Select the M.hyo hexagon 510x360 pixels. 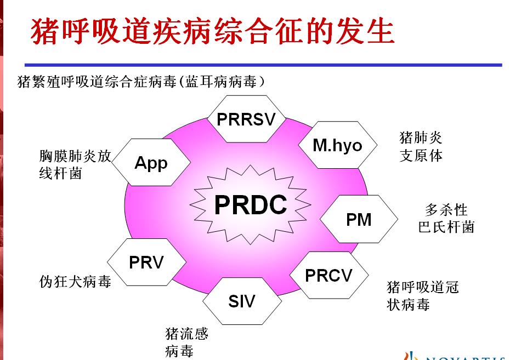[x=337, y=145]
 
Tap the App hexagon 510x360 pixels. [x=151, y=163]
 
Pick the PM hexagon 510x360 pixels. [x=359, y=219]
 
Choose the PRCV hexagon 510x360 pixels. [x=328, y=275]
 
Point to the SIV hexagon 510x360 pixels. [x=242, y=301]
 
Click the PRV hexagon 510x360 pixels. [x=146, y=262]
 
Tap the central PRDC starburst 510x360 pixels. [x=250, y=205]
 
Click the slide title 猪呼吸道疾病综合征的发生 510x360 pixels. [x=213, y=31]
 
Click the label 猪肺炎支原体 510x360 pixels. [x=421, y=146]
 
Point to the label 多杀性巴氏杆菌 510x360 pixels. [x=446, y=218]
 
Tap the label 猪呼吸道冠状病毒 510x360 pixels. [x=422, y=295]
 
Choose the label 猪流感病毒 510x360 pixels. [x=186, y=341]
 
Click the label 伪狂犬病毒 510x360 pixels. [x=75, y=281]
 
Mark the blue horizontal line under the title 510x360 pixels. [x=263, y=65]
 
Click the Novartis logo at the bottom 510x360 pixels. [x=455, y=356]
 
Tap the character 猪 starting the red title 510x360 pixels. [x=45, y=32]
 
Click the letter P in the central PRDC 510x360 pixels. [x=222, y=205]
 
